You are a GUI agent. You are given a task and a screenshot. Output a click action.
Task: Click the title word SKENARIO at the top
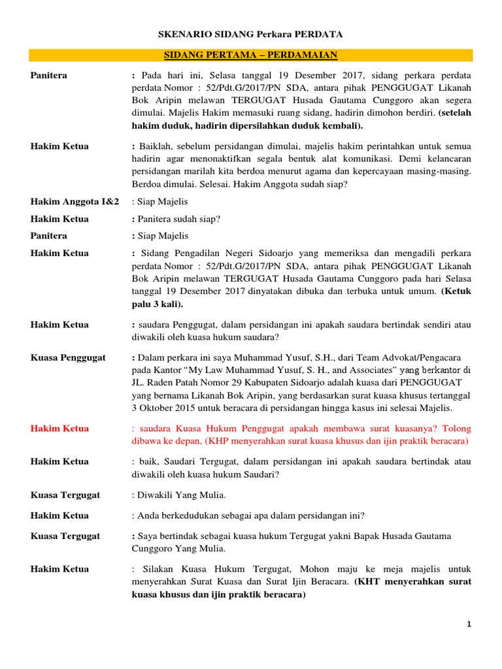point(184,33)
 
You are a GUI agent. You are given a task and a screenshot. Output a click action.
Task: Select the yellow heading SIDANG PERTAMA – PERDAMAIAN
point(252,56)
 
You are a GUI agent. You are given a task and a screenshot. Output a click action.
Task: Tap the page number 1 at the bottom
point(469,625)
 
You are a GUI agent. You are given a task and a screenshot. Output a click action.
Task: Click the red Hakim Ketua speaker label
point(59,429)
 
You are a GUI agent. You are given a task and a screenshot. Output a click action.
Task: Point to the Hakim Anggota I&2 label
point(75,203)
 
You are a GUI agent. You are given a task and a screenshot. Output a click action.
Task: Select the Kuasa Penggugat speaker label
point(68,358)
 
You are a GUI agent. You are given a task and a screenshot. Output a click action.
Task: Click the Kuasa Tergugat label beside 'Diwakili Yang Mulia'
point(65,495)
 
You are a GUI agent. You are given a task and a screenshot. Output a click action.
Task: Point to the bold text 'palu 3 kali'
point(156,304)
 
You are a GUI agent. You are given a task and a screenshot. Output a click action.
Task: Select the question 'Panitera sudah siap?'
point(178,219)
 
